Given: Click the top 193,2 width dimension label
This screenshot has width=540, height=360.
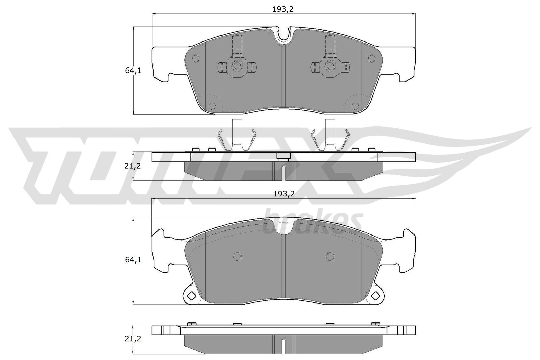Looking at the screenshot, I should [x=283, y=9].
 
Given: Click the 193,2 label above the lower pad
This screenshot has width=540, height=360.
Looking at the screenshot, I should [x=284, y=194].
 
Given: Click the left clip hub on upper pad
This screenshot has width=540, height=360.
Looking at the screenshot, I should [x=237, y=66].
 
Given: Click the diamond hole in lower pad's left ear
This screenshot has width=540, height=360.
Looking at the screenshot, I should [x=192, y=296].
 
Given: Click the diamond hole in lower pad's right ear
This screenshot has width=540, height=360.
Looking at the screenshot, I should [x=376, y=296].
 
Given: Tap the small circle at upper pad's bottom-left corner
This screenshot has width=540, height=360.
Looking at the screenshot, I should [x=212, y=106].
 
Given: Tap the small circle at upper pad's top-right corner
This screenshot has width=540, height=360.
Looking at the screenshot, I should [x=372, y=59].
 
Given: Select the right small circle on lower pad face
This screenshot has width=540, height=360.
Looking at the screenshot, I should [x=330, y=256].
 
